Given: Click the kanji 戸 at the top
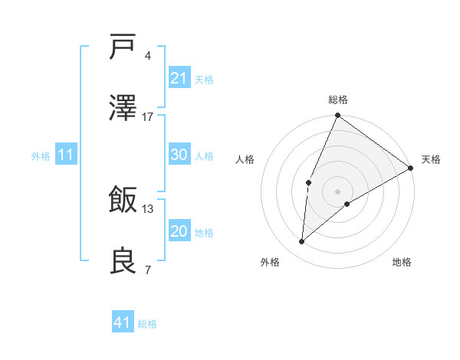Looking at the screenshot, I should tap(123, 47).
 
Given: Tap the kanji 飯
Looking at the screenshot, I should tap(123, 201).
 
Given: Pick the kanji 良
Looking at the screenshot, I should tap(123, 261).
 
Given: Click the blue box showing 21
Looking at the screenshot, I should tap(179, 78).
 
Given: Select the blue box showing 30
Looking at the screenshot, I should tap(179, 155).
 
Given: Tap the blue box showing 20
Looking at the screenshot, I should tap(179, 231).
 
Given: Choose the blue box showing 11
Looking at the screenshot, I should tap(66, 155).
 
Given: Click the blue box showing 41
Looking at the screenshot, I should tap(123, 322).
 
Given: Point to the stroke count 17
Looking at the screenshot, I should tap(148, 116).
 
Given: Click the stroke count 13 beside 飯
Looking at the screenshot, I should tap(148, 208).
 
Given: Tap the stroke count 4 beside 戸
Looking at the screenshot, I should tap(148, 55).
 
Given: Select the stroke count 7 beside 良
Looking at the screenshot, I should tap(148, 270).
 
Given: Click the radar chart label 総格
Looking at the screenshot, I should tap(338, 100).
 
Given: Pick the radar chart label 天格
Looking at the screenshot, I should tap(431, 159).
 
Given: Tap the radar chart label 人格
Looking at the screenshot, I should tap(245, 159).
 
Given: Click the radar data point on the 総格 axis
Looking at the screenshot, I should tap(337, 116).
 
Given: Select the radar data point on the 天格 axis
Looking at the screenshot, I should tap(411, 168).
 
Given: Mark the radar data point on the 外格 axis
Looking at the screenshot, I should tap(302, 242).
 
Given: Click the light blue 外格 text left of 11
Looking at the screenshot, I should tap(41, 155).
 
